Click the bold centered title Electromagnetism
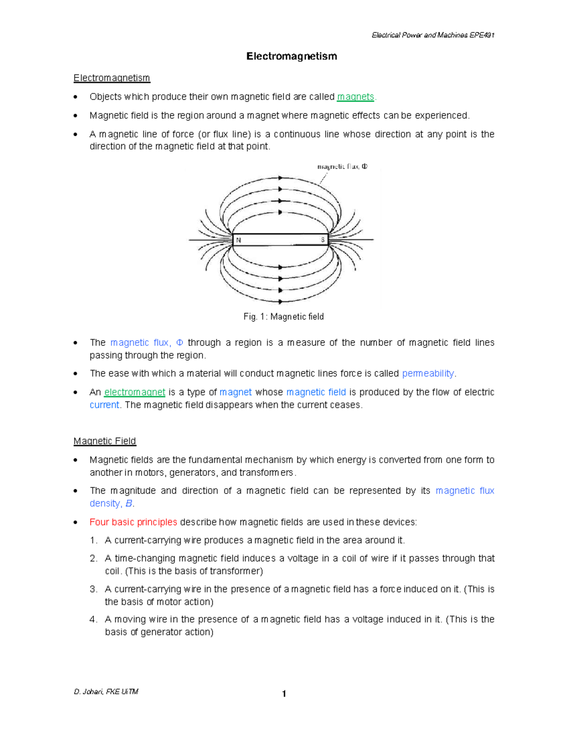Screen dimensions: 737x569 [291, 56]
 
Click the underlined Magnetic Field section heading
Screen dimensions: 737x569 [104, 441]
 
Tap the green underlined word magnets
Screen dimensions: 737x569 [355, 97]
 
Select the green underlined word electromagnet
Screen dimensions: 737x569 [135, 392]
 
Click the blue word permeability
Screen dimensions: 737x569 [428, 373]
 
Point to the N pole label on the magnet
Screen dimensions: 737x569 [239, 240]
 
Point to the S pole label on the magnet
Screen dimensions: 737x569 [323, 240]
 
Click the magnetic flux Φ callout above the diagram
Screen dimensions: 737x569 [342, 167]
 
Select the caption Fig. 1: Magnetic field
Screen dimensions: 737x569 [284, 317]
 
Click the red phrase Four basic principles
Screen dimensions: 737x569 [133, 522]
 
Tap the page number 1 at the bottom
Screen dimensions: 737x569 [284, 694]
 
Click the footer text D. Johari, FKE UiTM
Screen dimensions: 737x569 [106, 691]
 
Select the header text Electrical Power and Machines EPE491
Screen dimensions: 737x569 [433, 35]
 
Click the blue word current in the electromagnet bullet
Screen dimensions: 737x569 [104, 405]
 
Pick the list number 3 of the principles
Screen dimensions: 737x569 [93, 589]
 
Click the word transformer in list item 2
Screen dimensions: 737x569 [235, 571]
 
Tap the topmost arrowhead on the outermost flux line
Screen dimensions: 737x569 [281, 178]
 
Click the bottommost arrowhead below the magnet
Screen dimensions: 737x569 [281, 301]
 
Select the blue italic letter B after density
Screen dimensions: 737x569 [128, 504]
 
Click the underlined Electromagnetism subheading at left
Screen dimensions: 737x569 [111, 78]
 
